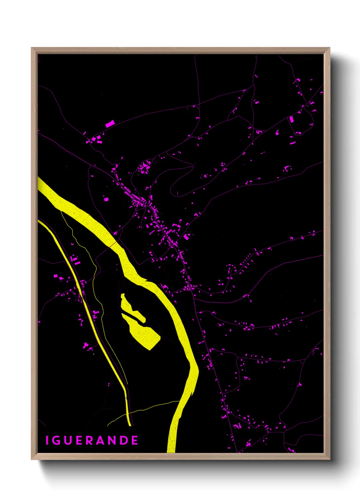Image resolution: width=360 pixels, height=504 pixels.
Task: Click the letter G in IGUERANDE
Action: [56, 440]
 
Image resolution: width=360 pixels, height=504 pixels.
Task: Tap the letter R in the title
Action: [89, 440]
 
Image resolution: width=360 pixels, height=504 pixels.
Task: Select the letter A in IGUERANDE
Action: [101, 440]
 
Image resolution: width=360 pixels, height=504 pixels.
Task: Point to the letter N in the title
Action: [113, 440]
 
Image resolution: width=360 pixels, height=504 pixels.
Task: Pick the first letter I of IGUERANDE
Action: [47, 440]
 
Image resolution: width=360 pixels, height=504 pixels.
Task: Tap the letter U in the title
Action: [67, 440]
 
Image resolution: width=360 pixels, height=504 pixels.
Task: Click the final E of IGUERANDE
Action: [135, 440]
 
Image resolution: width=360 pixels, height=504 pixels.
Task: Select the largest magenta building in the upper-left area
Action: [110, 124]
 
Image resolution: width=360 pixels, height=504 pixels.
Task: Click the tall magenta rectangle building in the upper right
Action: [291, 119]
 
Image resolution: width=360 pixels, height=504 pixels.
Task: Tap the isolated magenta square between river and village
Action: [106, 199]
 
